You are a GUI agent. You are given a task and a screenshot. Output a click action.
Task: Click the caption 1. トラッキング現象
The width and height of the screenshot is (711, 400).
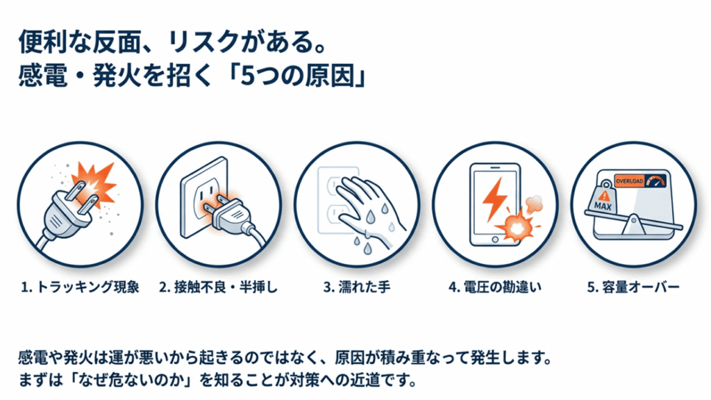(x=78, y=287)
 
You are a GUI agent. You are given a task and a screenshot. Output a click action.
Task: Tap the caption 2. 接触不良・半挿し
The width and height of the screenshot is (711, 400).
(x=218, y=287)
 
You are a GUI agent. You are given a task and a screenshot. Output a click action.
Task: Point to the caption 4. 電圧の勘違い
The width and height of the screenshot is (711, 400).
(x=494, y=287)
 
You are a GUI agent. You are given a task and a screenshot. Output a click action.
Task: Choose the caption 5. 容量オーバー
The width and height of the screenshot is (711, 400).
(x=633, y=287)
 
